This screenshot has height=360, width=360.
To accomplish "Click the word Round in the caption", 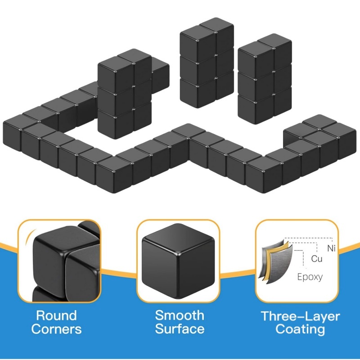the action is [57, 315].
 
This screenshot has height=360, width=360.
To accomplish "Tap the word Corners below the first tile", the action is [57, 329].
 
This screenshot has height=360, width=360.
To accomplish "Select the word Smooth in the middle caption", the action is [180, 315].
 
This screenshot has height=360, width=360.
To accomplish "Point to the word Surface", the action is [180, 329].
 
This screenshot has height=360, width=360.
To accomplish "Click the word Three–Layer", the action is [300, 316].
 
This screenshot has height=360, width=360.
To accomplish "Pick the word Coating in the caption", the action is [300, 329].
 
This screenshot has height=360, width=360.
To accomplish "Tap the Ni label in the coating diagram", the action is [331, 248].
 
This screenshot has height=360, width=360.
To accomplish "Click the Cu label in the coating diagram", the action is [317, 259].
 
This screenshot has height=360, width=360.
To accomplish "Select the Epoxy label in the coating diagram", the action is [310, 277].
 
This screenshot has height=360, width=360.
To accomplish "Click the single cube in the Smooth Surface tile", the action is [178, 261].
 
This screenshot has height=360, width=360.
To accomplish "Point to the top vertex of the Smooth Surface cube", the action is [178, 224].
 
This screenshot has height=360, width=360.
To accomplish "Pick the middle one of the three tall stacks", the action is [207, 63].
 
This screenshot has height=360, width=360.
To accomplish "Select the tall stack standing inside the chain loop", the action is [125, 94].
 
